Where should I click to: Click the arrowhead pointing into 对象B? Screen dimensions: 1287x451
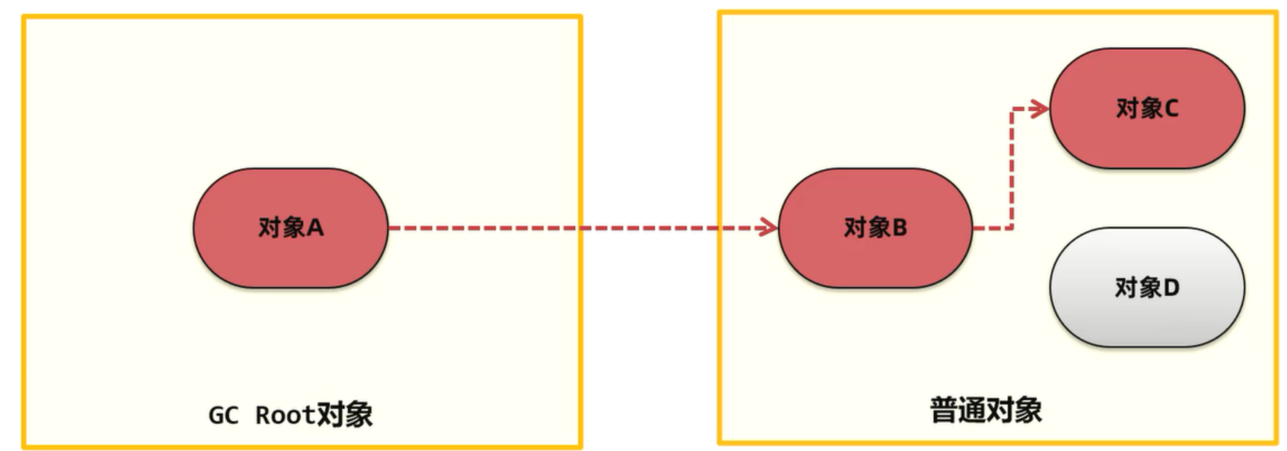768,227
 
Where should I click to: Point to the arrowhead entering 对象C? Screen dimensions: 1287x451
1040,108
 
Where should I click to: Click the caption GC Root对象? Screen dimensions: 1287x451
290,415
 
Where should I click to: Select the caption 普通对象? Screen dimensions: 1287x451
986,410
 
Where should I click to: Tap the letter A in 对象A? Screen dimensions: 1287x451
315,227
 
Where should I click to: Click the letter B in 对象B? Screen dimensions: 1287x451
899,227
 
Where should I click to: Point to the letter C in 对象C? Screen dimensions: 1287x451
1171,108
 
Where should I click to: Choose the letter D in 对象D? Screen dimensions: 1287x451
1171,288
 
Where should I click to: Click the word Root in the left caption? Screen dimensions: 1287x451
285,415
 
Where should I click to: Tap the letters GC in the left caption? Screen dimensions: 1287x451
223,415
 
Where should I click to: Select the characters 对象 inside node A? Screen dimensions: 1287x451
281,227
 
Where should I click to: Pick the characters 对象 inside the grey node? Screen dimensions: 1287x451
1138,288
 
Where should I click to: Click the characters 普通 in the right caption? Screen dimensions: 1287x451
958,410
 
